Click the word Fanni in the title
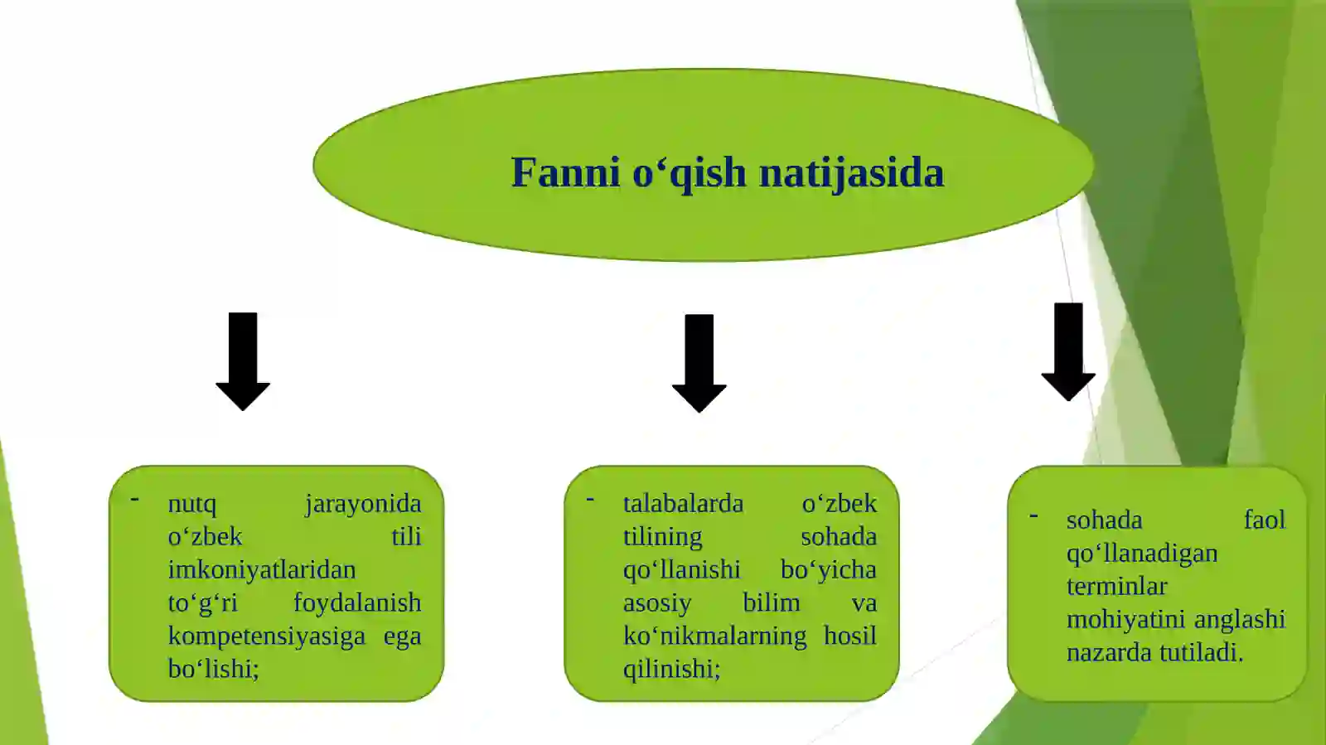coord(565,173)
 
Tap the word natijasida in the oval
coord(851,173)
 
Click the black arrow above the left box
coord(243,361)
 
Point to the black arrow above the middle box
coord(699,363)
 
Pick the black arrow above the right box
coord(1068,352)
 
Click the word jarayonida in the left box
coord(363,504)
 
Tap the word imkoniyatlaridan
coord(262,570)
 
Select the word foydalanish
coord(357,603)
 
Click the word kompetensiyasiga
coord(267,636)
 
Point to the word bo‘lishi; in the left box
coord(214,669)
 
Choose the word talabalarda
coord(684,504)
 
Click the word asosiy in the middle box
coord(657,603)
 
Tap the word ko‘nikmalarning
coord(715,636)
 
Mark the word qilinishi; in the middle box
coord(672,669)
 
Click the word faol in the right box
coord(1264,520)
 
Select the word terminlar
coord(1116,587)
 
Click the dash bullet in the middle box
coord(590,500)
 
